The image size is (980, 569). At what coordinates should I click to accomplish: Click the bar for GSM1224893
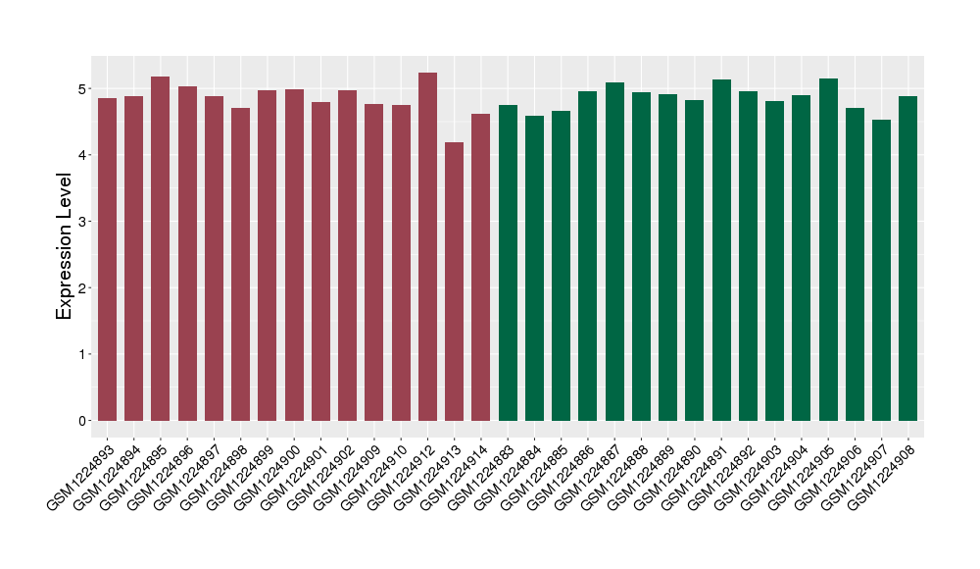coord(107,259)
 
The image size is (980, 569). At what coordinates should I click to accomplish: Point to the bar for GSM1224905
coord(828,249)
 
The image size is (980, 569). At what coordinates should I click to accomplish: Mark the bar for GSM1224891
coord(721,250)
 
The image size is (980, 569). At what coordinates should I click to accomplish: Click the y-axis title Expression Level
coord(65,246)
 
